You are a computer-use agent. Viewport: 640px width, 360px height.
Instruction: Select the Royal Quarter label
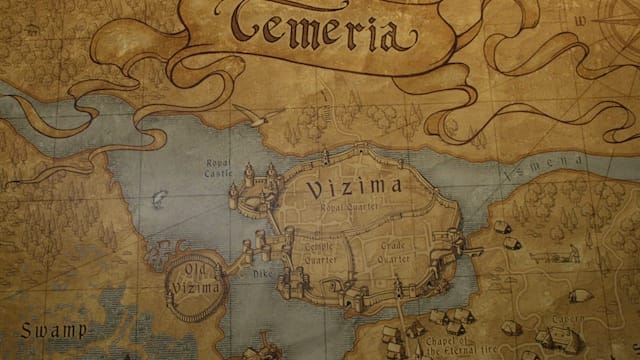[343, 207]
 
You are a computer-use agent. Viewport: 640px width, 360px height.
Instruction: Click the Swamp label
[52, 329]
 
